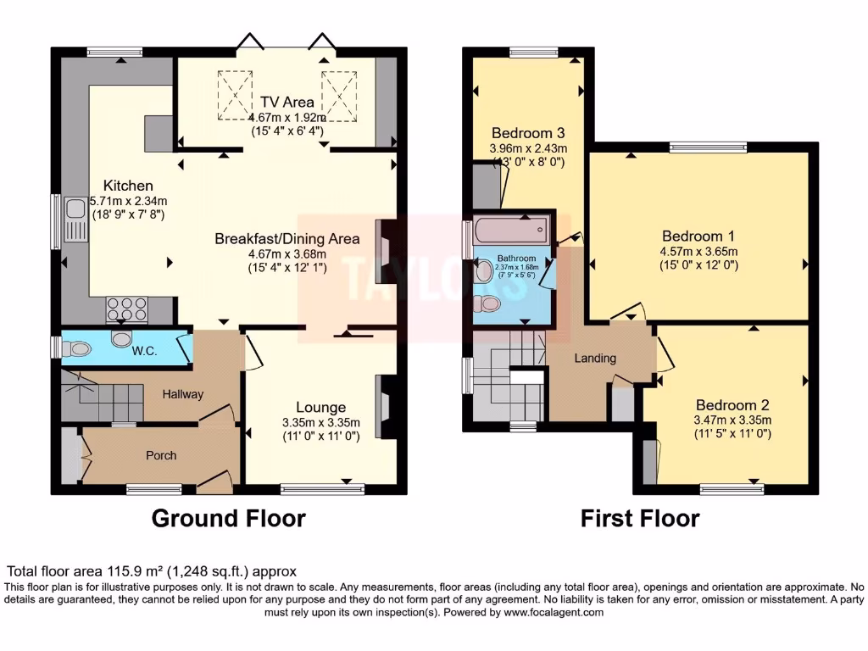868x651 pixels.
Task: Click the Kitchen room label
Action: [128, 186]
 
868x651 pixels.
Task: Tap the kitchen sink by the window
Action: [76, 220]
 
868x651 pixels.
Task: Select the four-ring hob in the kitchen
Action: [127, 309]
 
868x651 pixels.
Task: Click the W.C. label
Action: [144, 351]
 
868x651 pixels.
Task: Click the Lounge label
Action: [321, 408]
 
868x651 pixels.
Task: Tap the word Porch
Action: [161, 455]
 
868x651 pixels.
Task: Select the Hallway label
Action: [183, 394]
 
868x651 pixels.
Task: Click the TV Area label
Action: [287, 102]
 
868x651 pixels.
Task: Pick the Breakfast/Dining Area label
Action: [287, 238]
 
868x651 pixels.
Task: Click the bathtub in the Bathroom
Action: [511, 230]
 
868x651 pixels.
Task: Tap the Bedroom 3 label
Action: [528, 133]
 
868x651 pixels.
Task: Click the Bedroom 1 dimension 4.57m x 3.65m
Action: [698, 251]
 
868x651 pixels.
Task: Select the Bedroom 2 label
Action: [732, 405]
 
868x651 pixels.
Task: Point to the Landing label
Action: [595, 359]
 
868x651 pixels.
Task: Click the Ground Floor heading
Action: [229, 519]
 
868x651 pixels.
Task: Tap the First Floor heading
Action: [640, 519]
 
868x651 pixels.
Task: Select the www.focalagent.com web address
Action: [554, 613]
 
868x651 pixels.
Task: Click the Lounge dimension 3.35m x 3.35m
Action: [321, 422]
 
